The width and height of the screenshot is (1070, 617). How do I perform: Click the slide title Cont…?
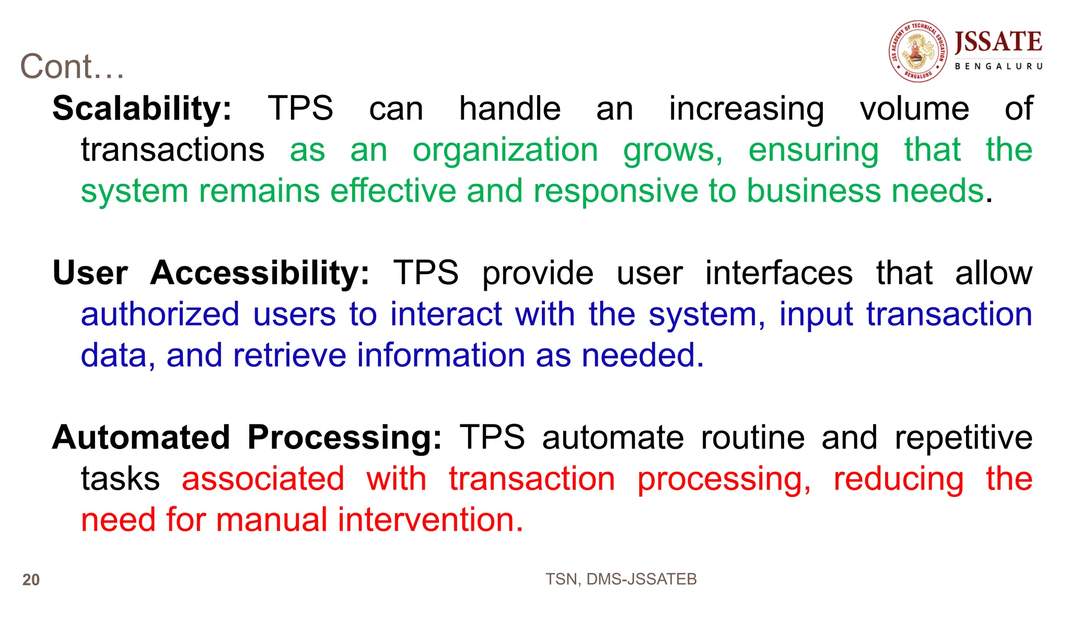tap(72, 67)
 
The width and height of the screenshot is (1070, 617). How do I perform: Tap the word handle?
tap(510, 109)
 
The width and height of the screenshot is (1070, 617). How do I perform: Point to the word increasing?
tap(747, 109)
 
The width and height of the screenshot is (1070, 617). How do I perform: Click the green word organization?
tap(505, 150)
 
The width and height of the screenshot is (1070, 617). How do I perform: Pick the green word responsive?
tap(616, 191)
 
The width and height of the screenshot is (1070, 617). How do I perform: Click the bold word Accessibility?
tap(260, 273)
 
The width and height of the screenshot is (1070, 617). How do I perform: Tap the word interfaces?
tap(779, 273)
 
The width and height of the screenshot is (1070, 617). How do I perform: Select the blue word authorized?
tap(160, 315)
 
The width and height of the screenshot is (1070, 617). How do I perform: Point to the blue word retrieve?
tap(289, 355)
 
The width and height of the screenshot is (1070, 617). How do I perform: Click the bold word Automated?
tap(141, 437)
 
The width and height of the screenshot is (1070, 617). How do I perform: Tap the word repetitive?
tap(963, 437)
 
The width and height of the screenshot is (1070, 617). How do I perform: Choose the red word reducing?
tap(898, 479)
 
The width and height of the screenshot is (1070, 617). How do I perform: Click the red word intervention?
tap(430, 520)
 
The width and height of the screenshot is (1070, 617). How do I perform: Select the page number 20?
tap(31, 580)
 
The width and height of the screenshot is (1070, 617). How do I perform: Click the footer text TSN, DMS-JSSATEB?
tap(621, 579)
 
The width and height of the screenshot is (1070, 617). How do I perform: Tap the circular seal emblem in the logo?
tap(918, 51)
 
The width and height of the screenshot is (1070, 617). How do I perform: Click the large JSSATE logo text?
tap(998, 42)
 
